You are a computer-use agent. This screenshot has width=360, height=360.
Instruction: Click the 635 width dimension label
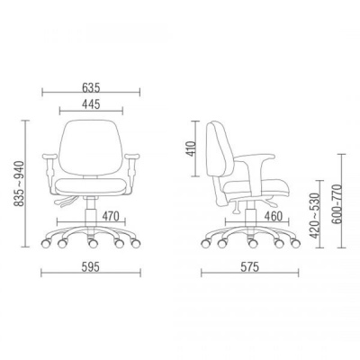pos(91,87)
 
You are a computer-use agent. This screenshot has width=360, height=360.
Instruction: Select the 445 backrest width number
pos(91,104)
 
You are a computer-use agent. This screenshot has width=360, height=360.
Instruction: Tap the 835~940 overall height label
pos(19,184)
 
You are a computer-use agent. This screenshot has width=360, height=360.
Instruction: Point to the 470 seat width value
pos(111,216)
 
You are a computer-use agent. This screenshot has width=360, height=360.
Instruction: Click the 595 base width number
pos(91,267)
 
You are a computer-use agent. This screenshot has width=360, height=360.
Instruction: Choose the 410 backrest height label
pos(191,148)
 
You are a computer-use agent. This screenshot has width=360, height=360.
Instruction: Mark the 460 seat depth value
pos(274,216)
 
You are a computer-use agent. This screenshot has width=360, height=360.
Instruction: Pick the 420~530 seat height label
pos(315,216)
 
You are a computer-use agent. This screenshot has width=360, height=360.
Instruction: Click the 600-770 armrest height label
pos(337,204)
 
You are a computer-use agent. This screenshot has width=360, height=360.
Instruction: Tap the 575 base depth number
pos(249,267)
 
